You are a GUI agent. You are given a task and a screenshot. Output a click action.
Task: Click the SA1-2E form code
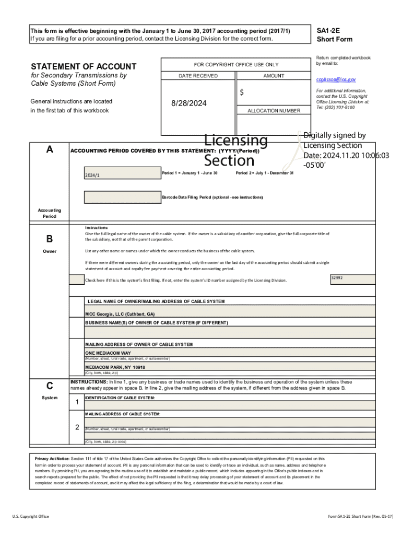pos(328,31)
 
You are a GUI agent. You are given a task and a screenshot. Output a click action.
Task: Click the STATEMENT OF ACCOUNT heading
pos(84,66)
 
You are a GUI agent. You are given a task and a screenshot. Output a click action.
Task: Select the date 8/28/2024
pos(189,103)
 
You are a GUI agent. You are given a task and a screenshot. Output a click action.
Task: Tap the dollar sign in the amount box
pos(242,92)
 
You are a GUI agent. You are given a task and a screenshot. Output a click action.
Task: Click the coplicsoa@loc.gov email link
pos(336,79)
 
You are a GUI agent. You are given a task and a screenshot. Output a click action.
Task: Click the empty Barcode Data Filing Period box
pos(122,197)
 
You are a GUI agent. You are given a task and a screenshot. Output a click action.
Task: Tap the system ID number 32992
pos(337,278)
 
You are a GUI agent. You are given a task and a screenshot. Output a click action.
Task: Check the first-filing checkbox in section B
pos(76,280)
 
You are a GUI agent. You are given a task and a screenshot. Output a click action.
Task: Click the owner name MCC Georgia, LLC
pos(120,315)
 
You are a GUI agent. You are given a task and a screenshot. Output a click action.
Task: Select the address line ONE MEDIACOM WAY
pos(108,353)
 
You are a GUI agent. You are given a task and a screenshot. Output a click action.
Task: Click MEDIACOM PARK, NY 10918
pos(115,367)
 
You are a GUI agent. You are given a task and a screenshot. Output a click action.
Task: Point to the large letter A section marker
pos(50,149)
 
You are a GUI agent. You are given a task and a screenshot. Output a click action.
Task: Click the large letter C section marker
pos(50,386)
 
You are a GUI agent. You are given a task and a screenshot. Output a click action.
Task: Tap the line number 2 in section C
pos(77,427)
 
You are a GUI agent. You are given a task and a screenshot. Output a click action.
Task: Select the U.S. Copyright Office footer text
pos(31,516)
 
